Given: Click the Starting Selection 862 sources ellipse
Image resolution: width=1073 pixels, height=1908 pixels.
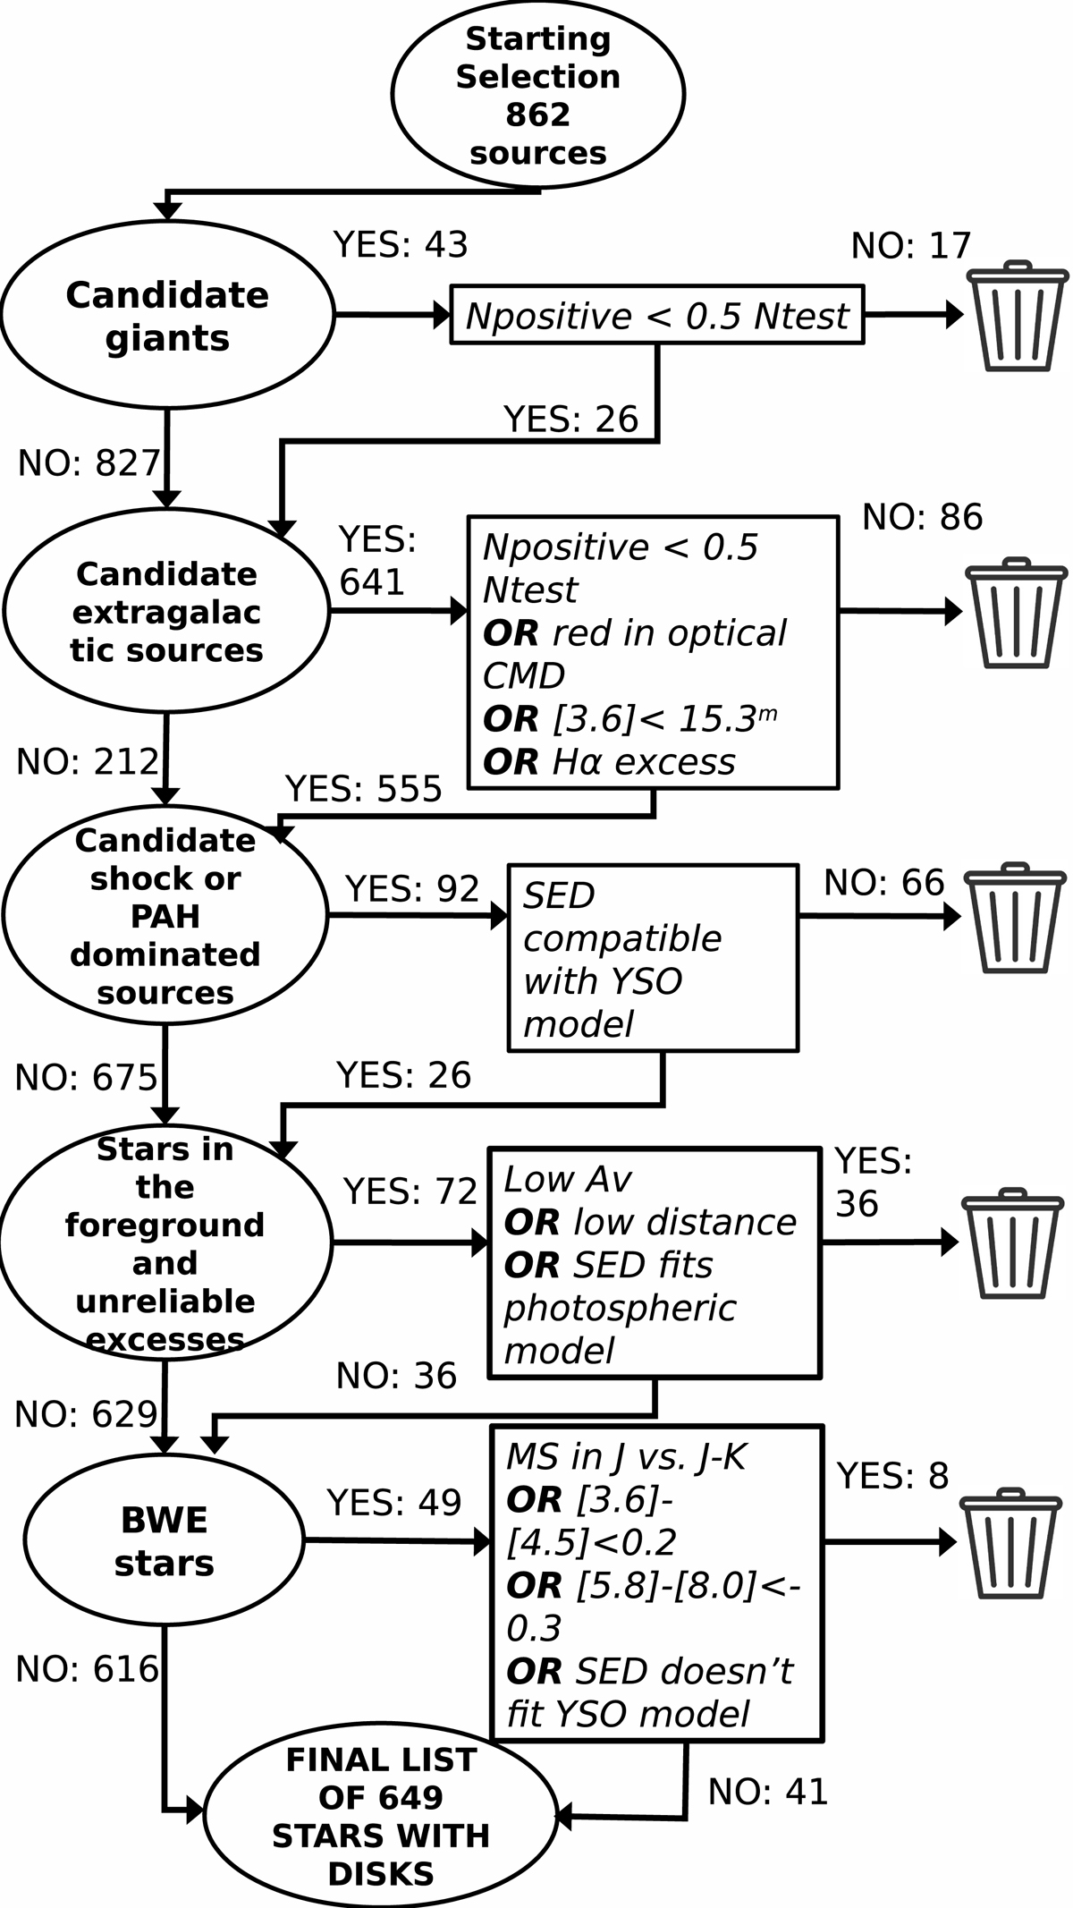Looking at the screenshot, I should coord(537,95).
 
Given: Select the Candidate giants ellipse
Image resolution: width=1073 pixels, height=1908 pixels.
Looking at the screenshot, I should coord(167,316).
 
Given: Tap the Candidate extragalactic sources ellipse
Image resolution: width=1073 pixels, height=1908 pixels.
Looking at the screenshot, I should coord(167,612).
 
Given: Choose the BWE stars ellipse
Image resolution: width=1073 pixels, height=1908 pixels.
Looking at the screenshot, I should coord(165,1540).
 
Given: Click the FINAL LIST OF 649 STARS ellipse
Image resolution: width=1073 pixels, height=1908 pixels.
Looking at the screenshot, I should coord(381,1816).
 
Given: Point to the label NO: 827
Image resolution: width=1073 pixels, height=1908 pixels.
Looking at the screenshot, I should coord(89,463).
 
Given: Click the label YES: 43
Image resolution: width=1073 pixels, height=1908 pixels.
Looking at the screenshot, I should coord(401,244).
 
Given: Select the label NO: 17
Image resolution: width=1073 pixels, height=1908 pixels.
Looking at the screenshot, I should coord(910,246).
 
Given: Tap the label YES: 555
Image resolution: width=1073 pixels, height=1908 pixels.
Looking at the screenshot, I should coord(364,789).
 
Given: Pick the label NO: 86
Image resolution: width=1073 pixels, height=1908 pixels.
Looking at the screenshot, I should coord(922,517).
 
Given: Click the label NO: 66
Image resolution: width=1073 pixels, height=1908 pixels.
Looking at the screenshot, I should coord(883,883).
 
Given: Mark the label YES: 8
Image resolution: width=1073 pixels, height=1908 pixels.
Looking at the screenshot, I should coord(892,1476).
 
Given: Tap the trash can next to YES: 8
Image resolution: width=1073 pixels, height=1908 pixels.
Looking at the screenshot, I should coord(1010,1543).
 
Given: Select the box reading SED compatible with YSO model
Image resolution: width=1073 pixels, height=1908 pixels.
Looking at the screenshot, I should coord(653,958).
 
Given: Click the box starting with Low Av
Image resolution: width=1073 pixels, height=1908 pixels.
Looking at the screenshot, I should coord(655,1263).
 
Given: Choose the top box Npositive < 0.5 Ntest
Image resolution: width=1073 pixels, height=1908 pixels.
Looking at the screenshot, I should coord(657,315).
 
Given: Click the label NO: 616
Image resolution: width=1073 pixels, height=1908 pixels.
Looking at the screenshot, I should coord(87,1669).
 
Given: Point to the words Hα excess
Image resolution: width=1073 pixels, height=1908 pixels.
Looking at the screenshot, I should coord(643,762).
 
